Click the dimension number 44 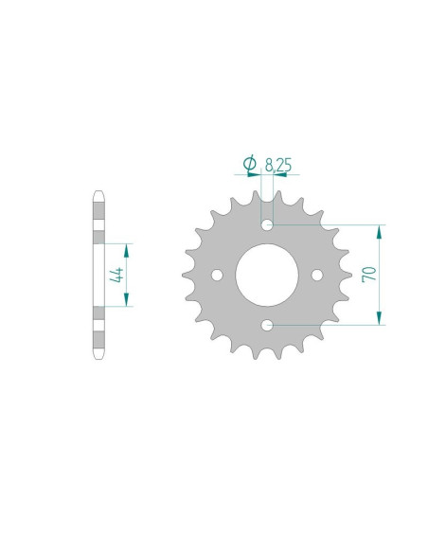pos(116,275)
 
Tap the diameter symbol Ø pos(250,164)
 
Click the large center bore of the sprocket pos(267,275)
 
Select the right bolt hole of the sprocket pos(317,276)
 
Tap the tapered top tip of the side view pos(98,197)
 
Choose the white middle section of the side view pos(98,275)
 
